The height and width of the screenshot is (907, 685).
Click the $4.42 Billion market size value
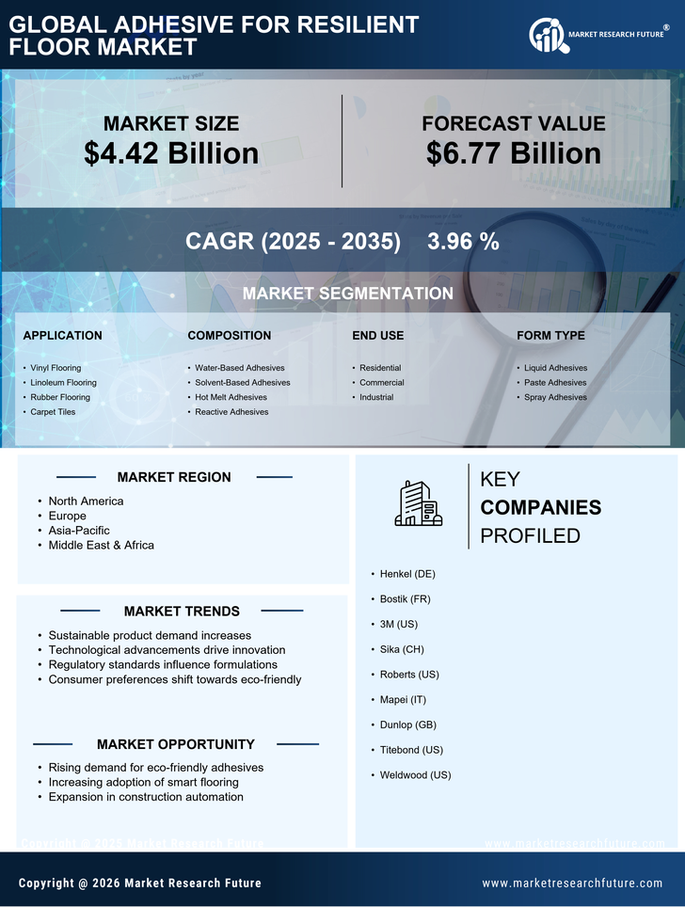pyautogui.click(x=171, y=153)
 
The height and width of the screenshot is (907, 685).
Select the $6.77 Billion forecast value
pyautogui.click(x=513, y=153)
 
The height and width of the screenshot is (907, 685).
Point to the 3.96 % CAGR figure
pyautogui.click(x=463, y=241)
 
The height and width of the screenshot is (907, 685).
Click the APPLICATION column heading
pyautogui.click(x=62, y=335)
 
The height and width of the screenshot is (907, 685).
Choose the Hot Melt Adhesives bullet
pyautogui.click(x=231, y=397)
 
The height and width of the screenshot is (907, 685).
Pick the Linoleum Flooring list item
pyautogui.click(x=63, y=383)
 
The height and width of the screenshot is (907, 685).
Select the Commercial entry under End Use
pyautogui.click(x=381, y=383)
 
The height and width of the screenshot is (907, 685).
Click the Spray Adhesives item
pyautogui.click(x=555, y=397)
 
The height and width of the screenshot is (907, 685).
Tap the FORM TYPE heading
pyautogui.click(x=550, y=335)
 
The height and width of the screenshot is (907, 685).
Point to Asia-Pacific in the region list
pyautogui.click(x=79, y=531)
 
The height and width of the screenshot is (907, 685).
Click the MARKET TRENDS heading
pyautogui.click(x=182, y=612)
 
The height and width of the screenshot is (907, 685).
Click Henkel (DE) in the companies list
pyautogui.click(x=407, y=574)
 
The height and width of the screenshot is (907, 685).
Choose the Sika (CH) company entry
pyautogui.click(x=403, y=649)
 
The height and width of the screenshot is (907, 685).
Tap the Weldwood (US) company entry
pyautogui.click(x=415, y=775)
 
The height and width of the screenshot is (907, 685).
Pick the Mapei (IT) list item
pyautogui.click(x=403, y=700)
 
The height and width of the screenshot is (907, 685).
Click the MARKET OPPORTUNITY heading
pyautogui.click(x=175, y=744)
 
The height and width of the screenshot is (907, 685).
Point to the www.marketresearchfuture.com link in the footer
pyautogui.click(x=572, y=883)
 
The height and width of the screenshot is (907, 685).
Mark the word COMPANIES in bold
pyautogui.click(x=540, y=508)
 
